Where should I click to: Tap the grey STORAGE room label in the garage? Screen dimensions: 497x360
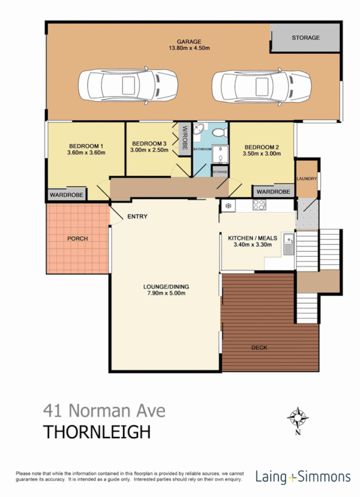pos(306,38)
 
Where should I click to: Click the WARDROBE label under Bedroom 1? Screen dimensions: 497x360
pos(66,195)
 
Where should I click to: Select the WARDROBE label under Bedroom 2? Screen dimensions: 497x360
pos(272,192)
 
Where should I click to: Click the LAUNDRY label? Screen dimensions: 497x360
pos(306,179)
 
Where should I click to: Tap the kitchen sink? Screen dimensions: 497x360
pos(290,244)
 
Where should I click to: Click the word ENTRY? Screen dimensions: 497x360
pos(137,216)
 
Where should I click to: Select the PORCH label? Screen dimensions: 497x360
pos(77,238)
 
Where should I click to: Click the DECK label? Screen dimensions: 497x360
pos(259,347)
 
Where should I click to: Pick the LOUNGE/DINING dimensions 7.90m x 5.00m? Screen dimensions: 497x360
pos(166,293)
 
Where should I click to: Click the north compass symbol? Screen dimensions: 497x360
pos(298,418)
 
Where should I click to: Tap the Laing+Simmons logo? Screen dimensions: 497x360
pos(303,476)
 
